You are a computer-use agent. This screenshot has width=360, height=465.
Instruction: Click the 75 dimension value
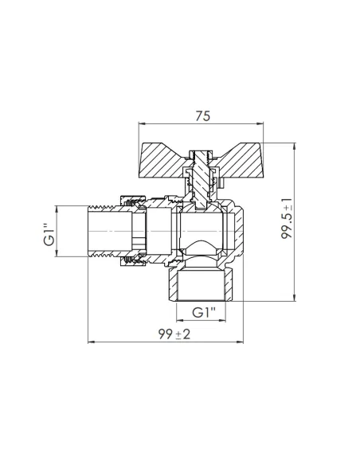point(203,116)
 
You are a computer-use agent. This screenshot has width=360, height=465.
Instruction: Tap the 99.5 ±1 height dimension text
point(287,218)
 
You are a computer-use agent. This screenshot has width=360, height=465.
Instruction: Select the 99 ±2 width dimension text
point(174,334)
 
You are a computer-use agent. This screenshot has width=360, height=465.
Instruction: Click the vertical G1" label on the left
point(49,234)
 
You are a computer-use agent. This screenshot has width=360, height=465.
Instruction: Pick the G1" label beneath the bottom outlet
point(204,312)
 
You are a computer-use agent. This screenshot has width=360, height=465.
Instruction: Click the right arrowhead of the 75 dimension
point(260,123)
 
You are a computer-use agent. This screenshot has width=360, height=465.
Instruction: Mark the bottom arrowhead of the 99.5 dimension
point(294,298)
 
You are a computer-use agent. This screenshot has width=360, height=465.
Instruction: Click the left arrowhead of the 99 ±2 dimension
point(91,342)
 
